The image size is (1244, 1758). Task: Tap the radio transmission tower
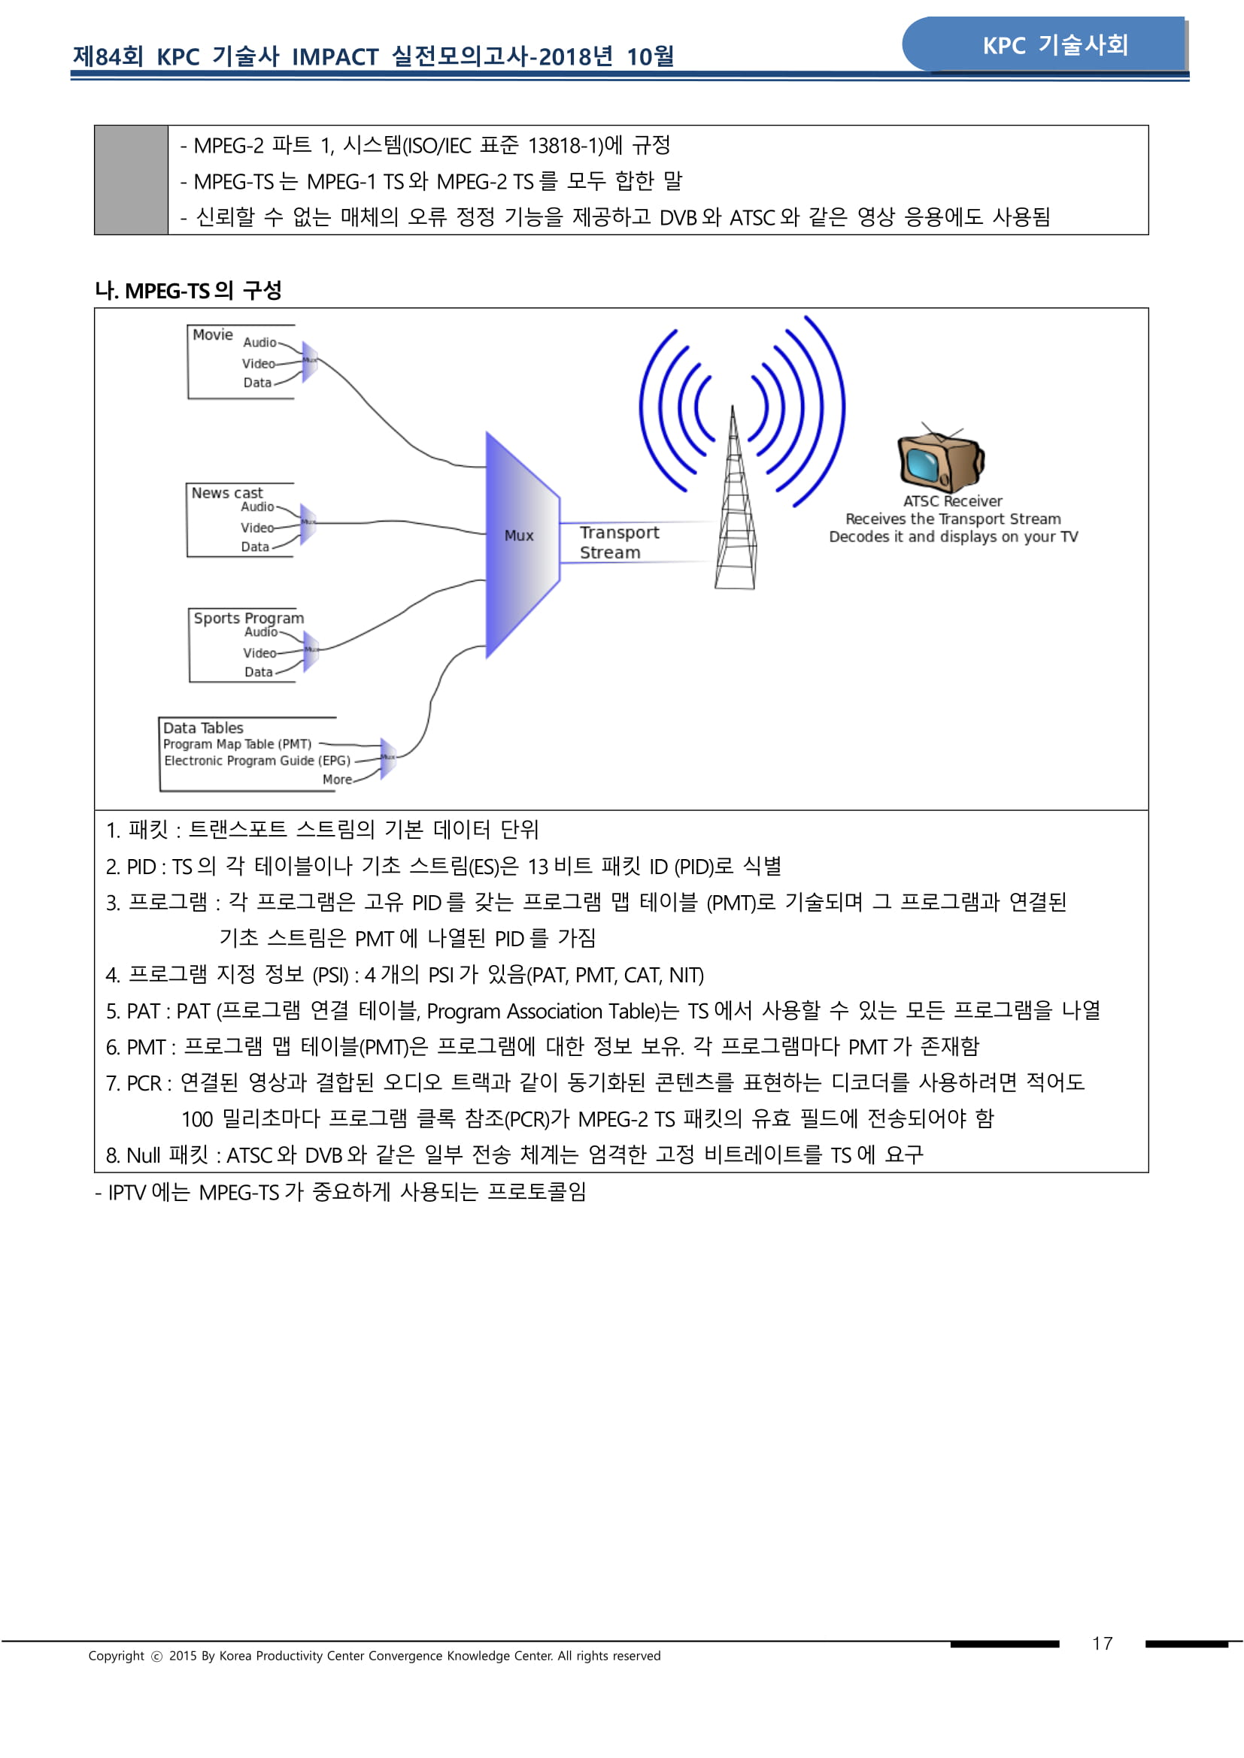[735, 505]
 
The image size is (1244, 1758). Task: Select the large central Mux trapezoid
[521, 543]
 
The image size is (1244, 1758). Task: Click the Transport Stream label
[618, 542]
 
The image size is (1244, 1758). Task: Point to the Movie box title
[212, 334]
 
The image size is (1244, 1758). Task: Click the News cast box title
[226, 493]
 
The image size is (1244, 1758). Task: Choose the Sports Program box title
[248, 618]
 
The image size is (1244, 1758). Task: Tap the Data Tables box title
[203, 728]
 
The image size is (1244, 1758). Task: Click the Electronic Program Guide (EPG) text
[256, 761]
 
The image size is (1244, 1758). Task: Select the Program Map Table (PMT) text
[237, 744]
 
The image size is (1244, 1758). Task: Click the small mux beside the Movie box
[309, 362]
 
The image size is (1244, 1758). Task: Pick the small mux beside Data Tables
[388, 758]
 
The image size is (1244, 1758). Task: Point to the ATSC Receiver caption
[952, 501]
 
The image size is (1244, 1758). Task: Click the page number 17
[1102, 1643]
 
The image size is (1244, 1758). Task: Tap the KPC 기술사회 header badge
[1054, 45]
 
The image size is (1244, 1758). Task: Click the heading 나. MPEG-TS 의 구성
[189, 291]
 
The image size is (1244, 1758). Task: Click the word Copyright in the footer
[116, 1655]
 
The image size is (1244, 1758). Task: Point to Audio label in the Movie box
[259, 342]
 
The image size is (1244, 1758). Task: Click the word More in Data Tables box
[337, 779]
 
